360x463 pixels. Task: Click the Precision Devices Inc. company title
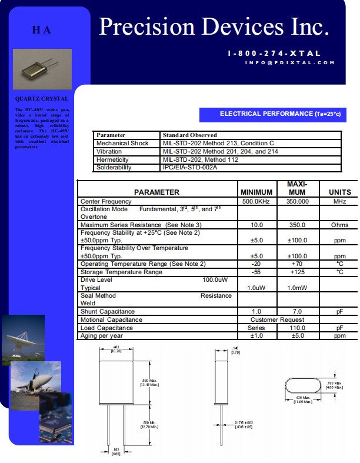214,27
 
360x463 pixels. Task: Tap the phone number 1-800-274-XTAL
274,54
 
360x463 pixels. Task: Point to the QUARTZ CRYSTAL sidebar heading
42,99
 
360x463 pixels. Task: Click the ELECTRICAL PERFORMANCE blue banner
279,114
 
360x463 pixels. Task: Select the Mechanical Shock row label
122,144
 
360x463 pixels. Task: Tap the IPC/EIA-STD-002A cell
189,168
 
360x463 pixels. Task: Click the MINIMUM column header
256,192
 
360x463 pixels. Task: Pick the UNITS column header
339,192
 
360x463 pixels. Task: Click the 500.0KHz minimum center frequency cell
256,201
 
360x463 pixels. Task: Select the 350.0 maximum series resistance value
296,225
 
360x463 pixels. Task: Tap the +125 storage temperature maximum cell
296,272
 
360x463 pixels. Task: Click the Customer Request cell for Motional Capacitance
276,319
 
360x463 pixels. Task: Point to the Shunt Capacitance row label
108,311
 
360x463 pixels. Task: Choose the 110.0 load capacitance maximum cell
296,328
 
